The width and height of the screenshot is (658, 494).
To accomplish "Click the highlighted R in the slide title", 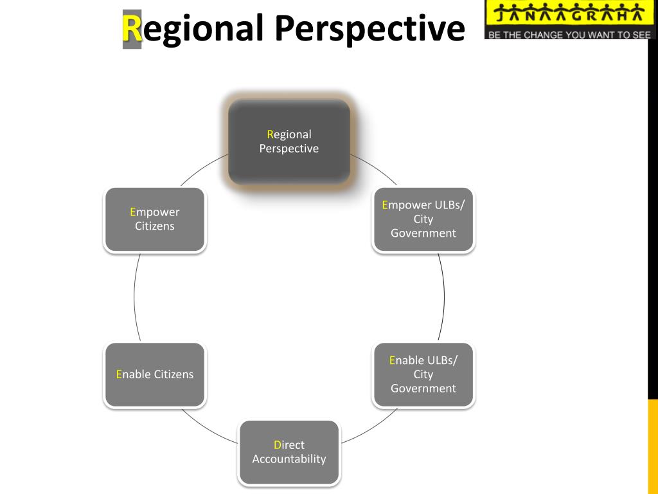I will [132, 29].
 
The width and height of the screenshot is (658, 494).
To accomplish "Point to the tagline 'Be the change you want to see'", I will [569, 35].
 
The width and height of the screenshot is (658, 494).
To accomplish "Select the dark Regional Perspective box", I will [289, 142].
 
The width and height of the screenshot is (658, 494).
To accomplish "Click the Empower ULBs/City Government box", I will [423, 219].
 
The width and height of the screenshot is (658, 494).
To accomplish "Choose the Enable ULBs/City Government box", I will [423, 374].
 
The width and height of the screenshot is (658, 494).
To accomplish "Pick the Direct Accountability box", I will [289, 452].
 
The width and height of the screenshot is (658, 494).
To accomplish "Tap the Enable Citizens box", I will [155, 374].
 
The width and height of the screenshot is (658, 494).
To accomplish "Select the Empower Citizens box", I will [155, 219].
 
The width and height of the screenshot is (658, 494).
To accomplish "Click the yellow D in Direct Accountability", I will [278, 445].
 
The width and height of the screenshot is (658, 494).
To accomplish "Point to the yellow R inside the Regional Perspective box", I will [271, 134].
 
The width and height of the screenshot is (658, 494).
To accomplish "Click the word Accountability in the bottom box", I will [289, 459].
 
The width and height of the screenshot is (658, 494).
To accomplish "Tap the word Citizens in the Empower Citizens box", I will [155, 226].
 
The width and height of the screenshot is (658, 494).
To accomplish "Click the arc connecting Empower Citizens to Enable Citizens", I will [134, 296].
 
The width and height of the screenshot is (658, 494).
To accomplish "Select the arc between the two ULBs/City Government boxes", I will [444, 296].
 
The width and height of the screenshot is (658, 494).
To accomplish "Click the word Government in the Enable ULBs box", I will [423, 389].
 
